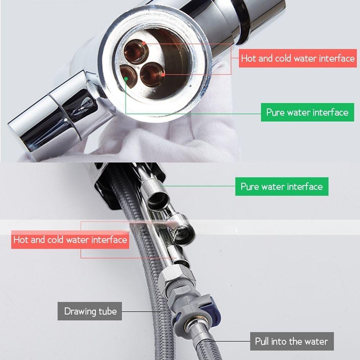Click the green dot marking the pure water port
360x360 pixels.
(x=126, y=79)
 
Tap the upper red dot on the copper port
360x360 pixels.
(x=144, y=43)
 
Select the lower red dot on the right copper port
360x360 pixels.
(x=163, y=75)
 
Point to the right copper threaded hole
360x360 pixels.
(x=152, y=75)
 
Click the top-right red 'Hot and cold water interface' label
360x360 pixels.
(x=298, y=58)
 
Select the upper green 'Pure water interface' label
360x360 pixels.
(x=307, y=112)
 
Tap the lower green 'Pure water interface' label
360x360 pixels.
(x=282, y=186)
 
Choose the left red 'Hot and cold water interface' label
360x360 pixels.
(x=70, y=240)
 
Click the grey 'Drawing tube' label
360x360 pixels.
(x=90, y=311)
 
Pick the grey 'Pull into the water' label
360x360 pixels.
(x=292, y=341)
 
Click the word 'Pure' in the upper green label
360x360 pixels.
(x=275, y=112)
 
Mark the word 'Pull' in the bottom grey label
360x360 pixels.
(x=262, y=341)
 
